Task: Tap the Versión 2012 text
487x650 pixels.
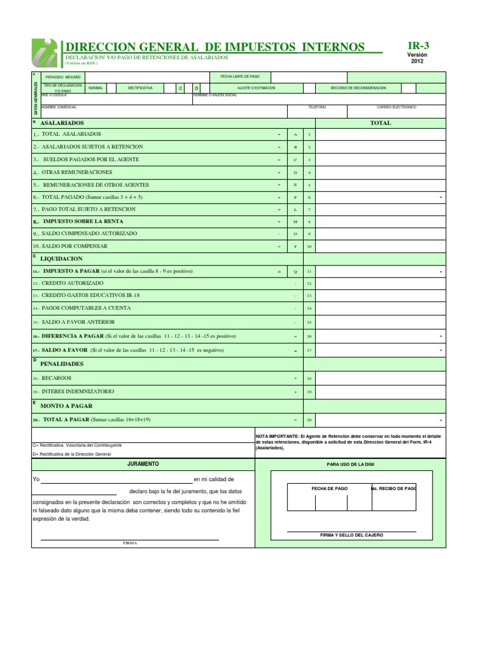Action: click(417, 58)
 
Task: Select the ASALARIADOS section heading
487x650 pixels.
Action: click(62, 123)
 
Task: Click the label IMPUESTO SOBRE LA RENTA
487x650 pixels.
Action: click(83, 222)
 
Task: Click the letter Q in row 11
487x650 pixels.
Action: click(295, 271)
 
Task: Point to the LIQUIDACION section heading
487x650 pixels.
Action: click(62, 259)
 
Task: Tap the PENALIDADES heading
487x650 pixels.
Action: click(62, 364)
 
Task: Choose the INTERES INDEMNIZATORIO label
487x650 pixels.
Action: click(78, 392)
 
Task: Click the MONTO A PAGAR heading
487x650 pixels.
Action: click(66, 405)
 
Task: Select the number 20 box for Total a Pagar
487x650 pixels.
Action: click(309, 420)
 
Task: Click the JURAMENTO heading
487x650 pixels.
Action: click(143, 465)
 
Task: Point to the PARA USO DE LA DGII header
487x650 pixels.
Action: click(351, 465)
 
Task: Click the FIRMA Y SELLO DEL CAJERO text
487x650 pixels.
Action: click(351, 535)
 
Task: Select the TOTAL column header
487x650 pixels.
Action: click(380, 123)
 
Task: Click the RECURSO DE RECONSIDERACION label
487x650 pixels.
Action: click(358, 88)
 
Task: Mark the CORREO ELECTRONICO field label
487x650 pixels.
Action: click(396, 107)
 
